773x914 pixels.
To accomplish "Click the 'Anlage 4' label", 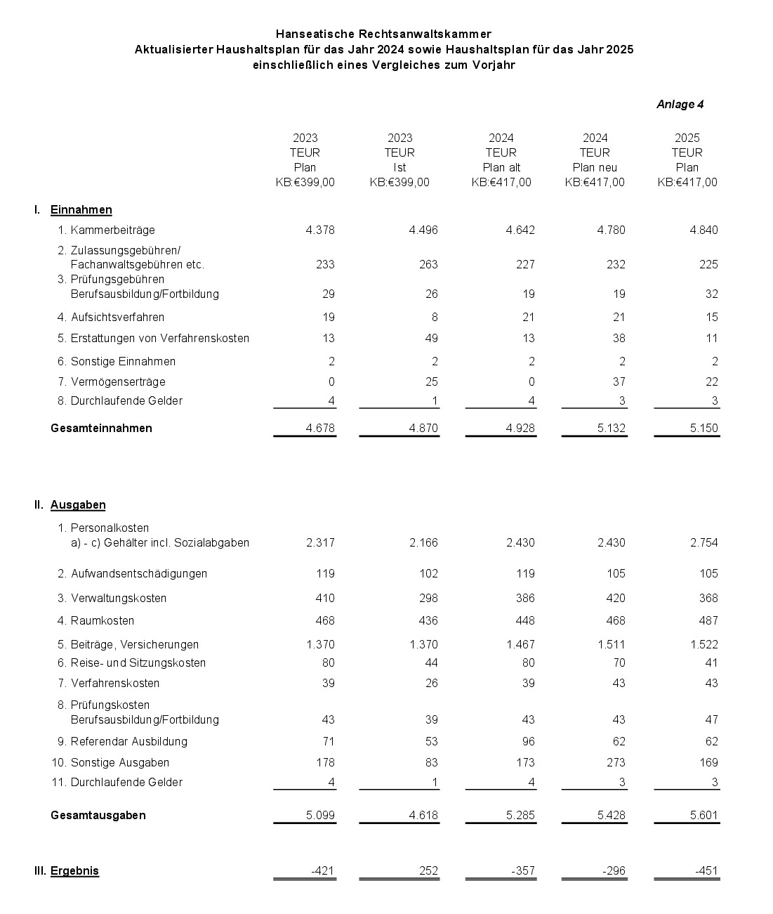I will pos(680,105).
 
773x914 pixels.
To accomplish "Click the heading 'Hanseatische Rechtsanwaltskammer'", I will pos(383,34).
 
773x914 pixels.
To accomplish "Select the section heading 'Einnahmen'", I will pos(81,210).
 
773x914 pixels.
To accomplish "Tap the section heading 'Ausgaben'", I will pos(78,505).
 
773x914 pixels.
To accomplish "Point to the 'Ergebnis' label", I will pos(74,871).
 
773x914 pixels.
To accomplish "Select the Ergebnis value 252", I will pos(428,871).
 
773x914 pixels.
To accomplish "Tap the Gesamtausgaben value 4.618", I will pos(423,816).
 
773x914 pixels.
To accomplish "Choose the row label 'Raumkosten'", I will pos(103,621).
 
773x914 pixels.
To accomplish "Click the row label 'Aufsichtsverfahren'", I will pos(117,318).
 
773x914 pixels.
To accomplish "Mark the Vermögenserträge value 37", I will pos(618,382).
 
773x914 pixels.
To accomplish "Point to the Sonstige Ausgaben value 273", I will pos(614,763).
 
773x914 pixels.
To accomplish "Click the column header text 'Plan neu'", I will pos(595,168).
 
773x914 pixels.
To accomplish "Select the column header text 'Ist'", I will pos(399,168).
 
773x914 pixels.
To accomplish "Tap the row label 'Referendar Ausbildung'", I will pos(128,742).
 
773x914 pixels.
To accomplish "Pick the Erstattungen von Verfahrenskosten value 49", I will pos(431,339).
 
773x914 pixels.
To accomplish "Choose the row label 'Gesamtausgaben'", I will pos(98,816).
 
